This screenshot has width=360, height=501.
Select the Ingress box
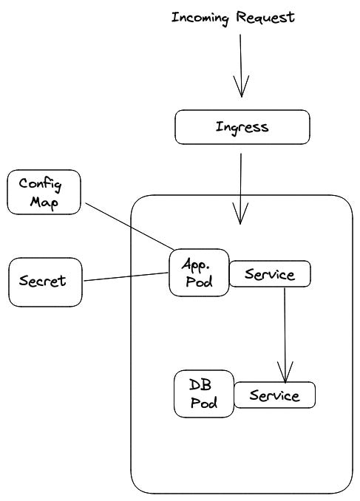tap(242, 127)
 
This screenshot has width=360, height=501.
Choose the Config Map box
tap(44, 192)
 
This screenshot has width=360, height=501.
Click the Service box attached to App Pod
tap(269, 274)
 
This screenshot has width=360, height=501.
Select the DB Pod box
tap(204, 394)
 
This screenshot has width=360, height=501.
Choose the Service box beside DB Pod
tap(274, 395)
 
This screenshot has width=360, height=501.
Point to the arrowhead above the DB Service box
tap(285, 373)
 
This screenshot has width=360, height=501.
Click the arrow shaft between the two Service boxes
tap(285, 325)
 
